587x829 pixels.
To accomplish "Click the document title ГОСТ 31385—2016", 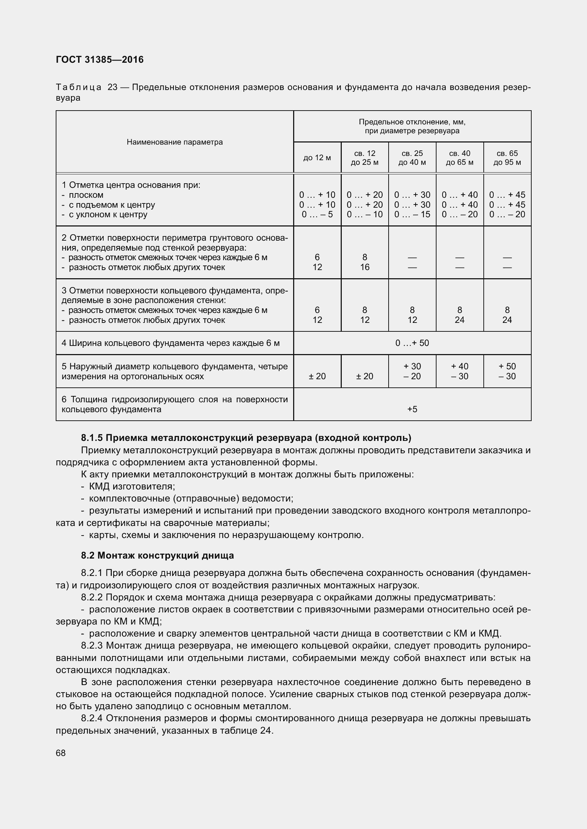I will pos(100,60).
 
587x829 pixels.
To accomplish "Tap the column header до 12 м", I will pos(317,158).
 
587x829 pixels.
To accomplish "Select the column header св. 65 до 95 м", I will pos(507,158).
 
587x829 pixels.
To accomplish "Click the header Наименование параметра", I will pos(175,142).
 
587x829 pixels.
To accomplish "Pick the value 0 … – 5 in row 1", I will pos(317,214).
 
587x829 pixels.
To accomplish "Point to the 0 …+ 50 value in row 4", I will pos(412,343).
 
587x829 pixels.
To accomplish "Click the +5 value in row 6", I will pos(412,409).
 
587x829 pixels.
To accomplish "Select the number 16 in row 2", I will pos(365,267).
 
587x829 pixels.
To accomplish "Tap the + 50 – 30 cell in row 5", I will pos(507,371).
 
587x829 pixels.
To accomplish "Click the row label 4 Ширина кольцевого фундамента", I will pos(171,343).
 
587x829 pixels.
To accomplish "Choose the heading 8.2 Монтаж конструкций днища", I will pos(157,555).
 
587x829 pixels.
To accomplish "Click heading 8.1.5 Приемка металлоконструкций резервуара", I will pos(246,438).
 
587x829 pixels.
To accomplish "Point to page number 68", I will pos(61,753).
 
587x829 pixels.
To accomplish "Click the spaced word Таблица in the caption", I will pos(78,88).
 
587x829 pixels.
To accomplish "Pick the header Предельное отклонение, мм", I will pos(412,122).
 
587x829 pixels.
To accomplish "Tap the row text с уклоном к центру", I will pos(108,214).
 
